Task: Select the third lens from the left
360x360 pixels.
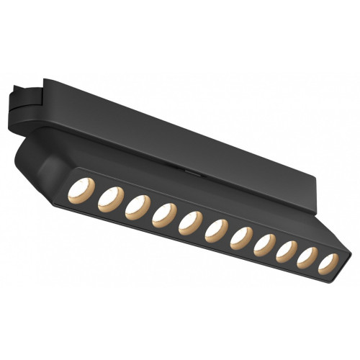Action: pos(137,206)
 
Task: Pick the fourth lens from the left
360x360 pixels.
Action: pos(163,214)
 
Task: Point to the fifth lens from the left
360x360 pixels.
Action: pos(190,220)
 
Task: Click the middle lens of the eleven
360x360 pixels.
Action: pos(215,229)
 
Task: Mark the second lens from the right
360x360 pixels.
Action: pos(307,257)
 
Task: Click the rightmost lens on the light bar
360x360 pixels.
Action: pos(328,264)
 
